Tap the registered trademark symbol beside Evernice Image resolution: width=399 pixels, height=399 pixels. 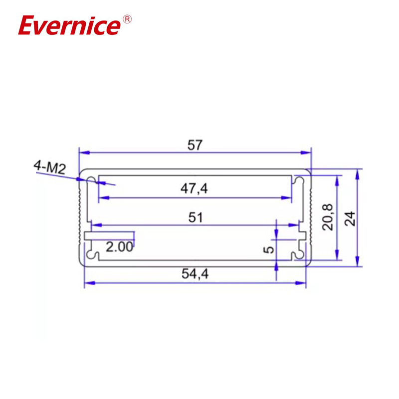tap(127, 19)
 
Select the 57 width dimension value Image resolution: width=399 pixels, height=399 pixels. tap(195, 145)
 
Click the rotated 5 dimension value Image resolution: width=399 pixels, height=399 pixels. tap(268, 248)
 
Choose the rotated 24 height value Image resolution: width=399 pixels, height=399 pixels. tap(351, 218)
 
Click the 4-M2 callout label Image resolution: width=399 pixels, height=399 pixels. tap(50, 167)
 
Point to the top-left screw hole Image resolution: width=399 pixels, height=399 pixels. tap(92, 180)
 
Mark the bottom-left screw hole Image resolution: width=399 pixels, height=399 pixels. tap(92, 255)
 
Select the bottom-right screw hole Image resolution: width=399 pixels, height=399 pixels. tap(299, 255)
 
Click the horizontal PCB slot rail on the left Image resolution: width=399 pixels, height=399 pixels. tap(110, 234)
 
